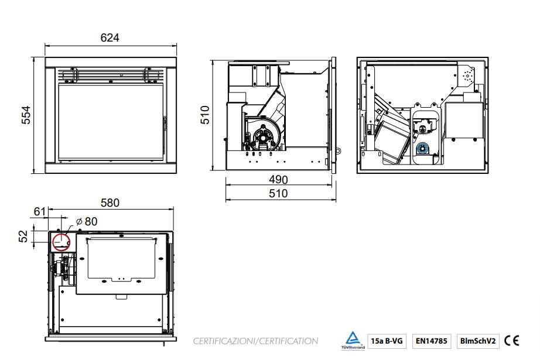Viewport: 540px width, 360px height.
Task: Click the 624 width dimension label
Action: coord(110,37)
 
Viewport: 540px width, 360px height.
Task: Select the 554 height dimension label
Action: coord(26,115)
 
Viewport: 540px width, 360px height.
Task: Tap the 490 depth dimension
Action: coord(278,179)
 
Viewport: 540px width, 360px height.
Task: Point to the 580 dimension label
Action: coord(110,203)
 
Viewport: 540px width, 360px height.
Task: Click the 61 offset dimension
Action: coord(40,211)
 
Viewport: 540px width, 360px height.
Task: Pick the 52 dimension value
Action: coord(23,236)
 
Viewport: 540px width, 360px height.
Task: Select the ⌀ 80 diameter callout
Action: coord(87,221)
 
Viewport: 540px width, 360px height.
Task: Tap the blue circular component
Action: coord(422,148)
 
